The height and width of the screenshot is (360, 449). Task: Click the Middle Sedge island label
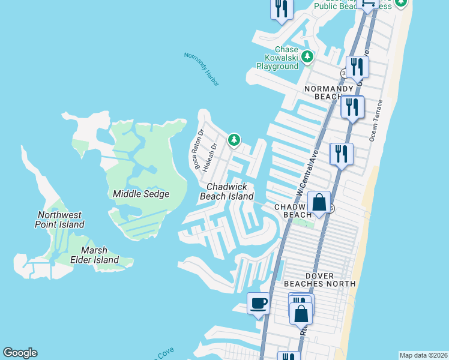tap(141, 194)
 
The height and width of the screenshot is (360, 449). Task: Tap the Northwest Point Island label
tap(59, 220)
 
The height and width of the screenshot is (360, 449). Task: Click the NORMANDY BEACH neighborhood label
tap(330, 92)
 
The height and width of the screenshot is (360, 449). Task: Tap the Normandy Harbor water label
tap(202, 68)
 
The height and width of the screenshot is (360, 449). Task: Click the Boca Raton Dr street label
tap(199, 149)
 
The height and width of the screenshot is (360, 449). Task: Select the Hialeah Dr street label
tap(209, 157)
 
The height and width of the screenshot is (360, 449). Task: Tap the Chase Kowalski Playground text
tap(278, 58)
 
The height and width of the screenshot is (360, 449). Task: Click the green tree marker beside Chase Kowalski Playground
tap(307, 57)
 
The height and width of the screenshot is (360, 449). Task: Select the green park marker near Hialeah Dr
tap(234, 140)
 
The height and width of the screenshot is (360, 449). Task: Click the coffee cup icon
tap(258, 303)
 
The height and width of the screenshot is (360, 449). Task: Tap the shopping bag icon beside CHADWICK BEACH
tap(319, 202)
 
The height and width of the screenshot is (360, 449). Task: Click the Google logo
tap(20, 353)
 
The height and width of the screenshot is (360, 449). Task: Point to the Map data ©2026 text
tap(424, 355)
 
